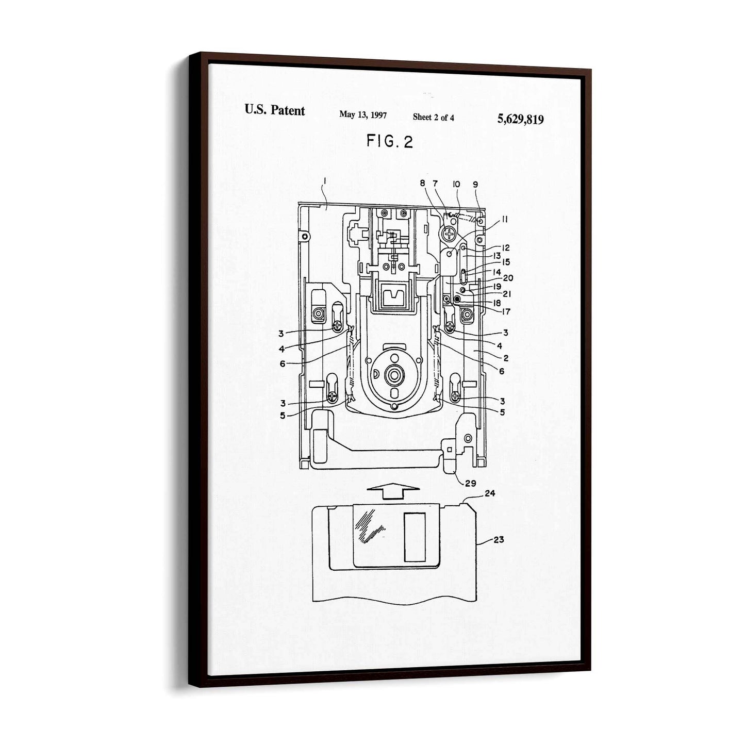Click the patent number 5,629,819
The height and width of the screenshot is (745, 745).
point(520,120)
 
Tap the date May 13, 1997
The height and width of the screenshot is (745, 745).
point(362,114)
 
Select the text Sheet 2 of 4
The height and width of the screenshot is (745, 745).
point(433,117)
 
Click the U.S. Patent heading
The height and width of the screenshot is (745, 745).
point(274,110)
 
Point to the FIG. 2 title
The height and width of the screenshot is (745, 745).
point(389,141)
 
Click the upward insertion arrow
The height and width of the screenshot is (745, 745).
point(393,491)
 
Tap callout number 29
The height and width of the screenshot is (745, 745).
point(470,483)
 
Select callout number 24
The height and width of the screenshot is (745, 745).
point(490,493)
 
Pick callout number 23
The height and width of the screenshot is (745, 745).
point(499,539)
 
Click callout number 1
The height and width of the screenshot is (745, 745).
point(325,180)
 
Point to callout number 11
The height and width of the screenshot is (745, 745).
point(505,219)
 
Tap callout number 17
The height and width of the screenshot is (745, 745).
point(506,311)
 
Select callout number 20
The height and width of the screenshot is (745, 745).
point(508,278)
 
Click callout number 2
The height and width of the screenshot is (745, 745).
point(506,358)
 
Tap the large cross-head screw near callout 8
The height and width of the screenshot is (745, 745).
point(449,234)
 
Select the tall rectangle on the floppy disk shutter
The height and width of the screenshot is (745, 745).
point(415,537)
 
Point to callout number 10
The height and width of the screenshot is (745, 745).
point(457,184)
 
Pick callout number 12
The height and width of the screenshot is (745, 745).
point(505,247)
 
